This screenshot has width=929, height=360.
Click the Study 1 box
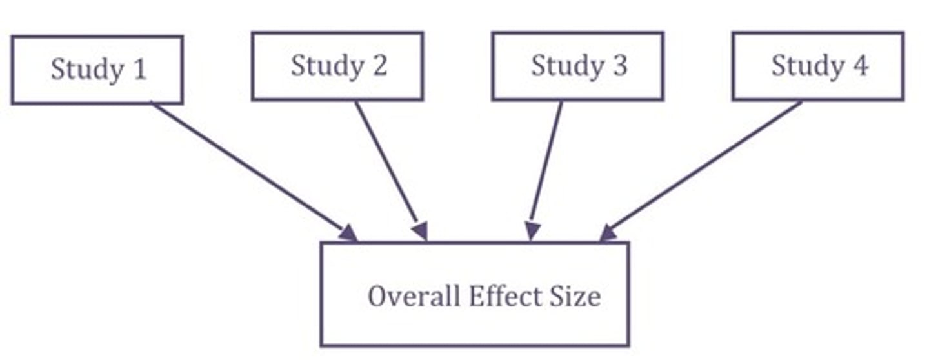coord(97,70)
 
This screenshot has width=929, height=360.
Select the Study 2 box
coord(337,66)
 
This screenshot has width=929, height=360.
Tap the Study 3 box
coord(577,66)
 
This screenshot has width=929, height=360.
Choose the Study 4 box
coord(818,66)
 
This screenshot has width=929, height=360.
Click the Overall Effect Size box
coord(474,294)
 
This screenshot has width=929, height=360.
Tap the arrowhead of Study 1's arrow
coord(348,233)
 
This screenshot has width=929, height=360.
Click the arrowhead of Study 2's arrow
coord(420,231)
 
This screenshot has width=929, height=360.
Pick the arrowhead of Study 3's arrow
coord(532,231)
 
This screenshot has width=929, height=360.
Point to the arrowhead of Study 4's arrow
coord(608,233)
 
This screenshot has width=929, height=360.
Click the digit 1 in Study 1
coord(139,70)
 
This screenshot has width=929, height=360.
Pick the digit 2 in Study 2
coord(379,66)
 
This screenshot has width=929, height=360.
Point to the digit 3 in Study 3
coord(619,66)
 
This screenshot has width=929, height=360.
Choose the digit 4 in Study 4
coord(860,66)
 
